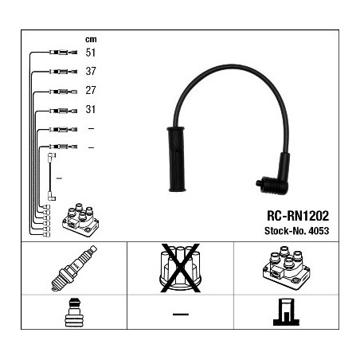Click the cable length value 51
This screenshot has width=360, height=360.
(90, 53)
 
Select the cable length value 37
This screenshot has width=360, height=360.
(91, 71)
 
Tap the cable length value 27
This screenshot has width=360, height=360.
(91, 90)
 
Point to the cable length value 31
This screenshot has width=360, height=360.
(90, 109)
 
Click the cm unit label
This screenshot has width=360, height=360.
(91, 40)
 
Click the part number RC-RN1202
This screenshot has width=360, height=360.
(298, 216)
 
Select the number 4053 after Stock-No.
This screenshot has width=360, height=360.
(319, 231)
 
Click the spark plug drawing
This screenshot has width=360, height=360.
(74, 268)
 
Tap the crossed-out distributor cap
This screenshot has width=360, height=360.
(180, 268)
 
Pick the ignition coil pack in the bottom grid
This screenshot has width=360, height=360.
(286, 268)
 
